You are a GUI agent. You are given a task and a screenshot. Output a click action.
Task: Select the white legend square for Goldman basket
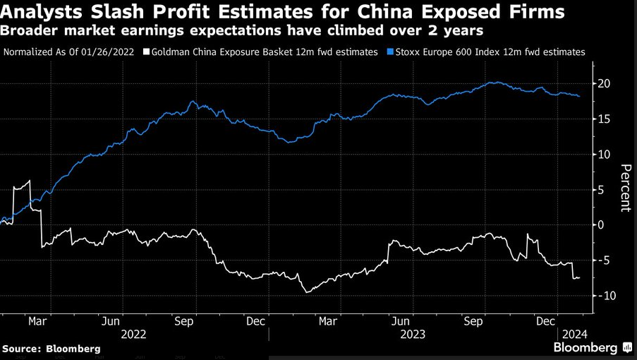click(146, 52)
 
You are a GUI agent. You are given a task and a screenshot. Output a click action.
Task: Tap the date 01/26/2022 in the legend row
click(110, 52)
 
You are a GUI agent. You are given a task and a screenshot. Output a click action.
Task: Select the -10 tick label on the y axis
click(605, 295)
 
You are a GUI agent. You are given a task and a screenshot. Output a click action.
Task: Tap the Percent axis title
click(624, 188)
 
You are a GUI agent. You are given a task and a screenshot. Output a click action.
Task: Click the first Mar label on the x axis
click(37, 320)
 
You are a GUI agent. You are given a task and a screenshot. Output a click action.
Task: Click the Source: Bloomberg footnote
click(51, 349)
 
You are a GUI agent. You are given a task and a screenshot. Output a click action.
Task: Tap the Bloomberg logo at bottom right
click(591, 348)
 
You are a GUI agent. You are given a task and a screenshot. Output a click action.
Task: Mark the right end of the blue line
click(580, 96)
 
